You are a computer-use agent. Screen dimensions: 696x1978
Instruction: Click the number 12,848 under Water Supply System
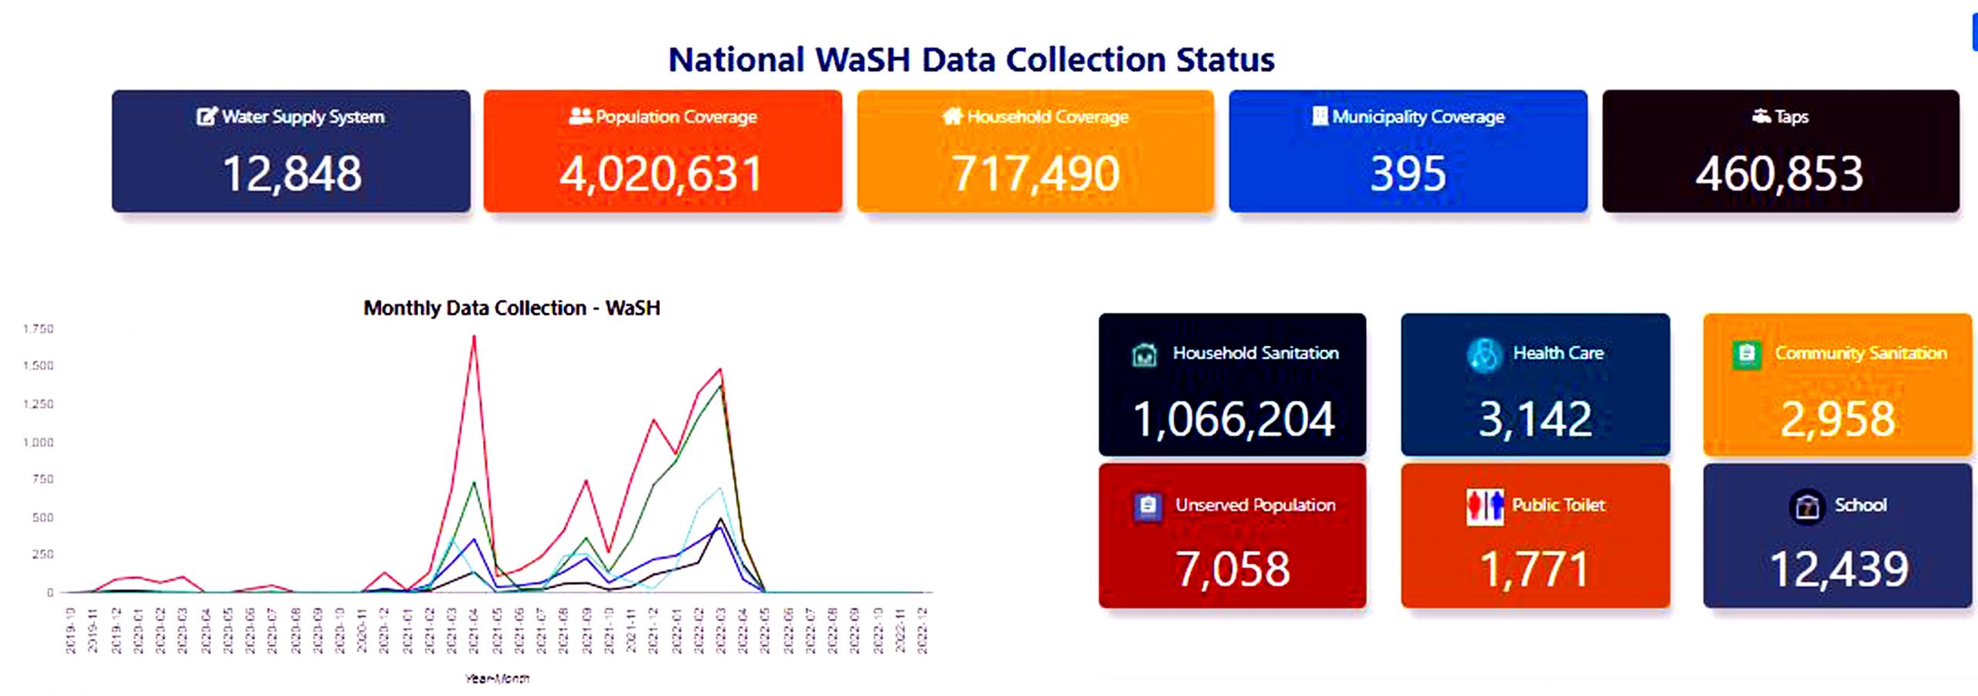291,174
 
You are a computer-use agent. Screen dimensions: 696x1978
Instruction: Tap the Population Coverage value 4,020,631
661,174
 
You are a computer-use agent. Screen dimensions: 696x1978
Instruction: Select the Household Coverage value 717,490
1035,174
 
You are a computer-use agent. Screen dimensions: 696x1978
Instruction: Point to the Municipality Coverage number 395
1408,174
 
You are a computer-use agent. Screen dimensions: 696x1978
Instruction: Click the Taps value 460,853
1779,174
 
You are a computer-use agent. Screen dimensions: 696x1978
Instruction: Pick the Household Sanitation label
1256,353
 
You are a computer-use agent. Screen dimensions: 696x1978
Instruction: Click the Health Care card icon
1483,355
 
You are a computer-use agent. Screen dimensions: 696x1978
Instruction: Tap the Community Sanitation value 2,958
1838,419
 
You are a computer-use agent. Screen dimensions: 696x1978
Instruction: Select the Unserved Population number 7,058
1232,569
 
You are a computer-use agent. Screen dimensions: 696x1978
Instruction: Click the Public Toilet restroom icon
1484,507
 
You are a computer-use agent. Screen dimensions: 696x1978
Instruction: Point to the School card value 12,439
1839,569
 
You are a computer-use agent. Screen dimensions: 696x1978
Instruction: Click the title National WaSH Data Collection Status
971,59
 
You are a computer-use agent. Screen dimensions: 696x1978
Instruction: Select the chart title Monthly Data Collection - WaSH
511,308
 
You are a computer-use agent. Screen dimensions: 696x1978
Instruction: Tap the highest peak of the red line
474,337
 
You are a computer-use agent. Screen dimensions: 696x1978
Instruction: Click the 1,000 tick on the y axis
39,443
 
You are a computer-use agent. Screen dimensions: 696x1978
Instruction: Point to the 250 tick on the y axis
43,555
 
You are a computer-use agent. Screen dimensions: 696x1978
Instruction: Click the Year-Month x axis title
497,679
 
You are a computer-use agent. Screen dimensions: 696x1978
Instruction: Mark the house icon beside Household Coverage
953,116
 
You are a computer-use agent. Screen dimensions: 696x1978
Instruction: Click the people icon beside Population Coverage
579,116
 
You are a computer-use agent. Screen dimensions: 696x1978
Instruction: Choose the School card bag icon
1806,507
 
